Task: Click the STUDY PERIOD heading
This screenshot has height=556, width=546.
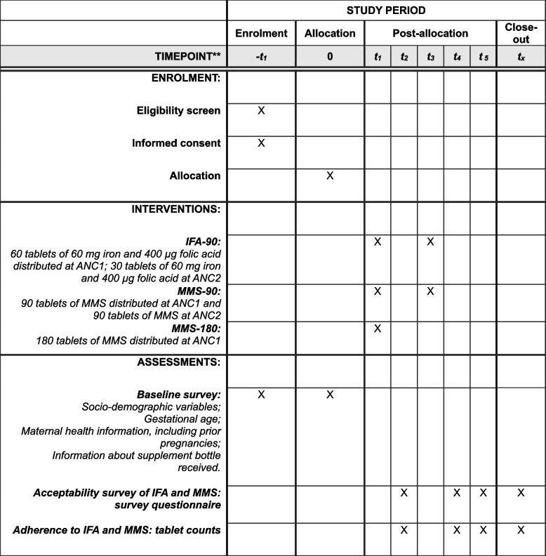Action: pos(386,11)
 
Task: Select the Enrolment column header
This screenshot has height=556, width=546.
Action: pos(261,33)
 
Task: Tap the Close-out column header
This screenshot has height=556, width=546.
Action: pos(521,33)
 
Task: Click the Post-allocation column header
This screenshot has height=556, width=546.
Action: pos(430,33)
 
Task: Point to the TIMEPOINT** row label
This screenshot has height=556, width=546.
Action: pos(187,56)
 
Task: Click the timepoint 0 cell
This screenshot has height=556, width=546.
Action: pos(330,56)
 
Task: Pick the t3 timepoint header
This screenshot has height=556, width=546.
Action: pos(430,56)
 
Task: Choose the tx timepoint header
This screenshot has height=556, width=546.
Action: pos(521,56)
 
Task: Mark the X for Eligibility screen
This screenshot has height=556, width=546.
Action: pos(261,110)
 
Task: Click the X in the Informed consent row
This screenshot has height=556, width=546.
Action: pos(261,143)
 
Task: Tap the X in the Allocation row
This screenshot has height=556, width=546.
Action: pos(330,176)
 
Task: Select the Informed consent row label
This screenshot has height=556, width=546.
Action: pos(176,143)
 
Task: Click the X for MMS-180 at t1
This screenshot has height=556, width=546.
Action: pos(378,328)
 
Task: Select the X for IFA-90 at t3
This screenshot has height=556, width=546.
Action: pos(430,241)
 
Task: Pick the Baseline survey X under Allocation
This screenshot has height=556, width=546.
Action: pos(330,395)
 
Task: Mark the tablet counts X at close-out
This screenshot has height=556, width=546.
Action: pos(521,530)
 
